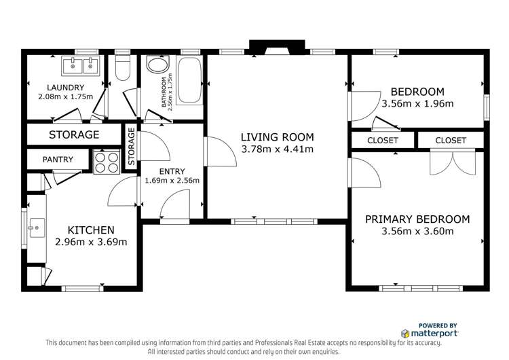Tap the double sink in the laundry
click(x=81, y=66)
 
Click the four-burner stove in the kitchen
click(x=106, y=160)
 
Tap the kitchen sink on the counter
click(x=35, y=226)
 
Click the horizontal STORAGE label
click(x=74, y=135)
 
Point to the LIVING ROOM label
click(x=278, y=137)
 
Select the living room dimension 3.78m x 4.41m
click(x=278, y=149)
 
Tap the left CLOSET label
click(x=383, y=141)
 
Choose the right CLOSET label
click(x=451, y=141)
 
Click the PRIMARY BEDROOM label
click(x=417, y=219)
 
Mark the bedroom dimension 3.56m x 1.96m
click(x=417, y=104)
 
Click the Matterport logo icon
click(x=405, y=334)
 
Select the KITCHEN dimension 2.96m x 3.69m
click(x=90, y=242)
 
